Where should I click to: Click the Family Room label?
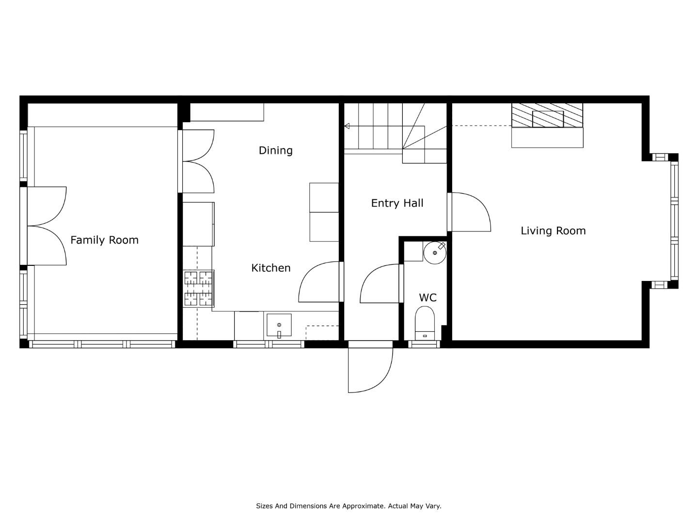(104, 240)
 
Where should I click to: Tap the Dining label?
(275, 150)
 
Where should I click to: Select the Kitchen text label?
(271, 268)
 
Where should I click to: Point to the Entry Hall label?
(397, 203)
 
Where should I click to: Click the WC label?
(428, 298)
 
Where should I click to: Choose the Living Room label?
(553, 231)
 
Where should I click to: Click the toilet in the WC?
(425, 323)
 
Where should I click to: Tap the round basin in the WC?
(435, 253)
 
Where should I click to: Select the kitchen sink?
(279, 325)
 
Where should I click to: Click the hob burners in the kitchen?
(198, 289)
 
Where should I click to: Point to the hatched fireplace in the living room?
(547, 115)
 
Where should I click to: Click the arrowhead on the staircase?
(347, 126)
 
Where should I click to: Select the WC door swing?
(380, 283)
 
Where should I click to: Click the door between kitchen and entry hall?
(319, 281)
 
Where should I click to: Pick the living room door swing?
(471, 212)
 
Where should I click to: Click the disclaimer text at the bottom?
(349, 506)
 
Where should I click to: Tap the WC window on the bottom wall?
(424, 344)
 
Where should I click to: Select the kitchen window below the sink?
(269, 344)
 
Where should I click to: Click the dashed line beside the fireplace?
(481, 126)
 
